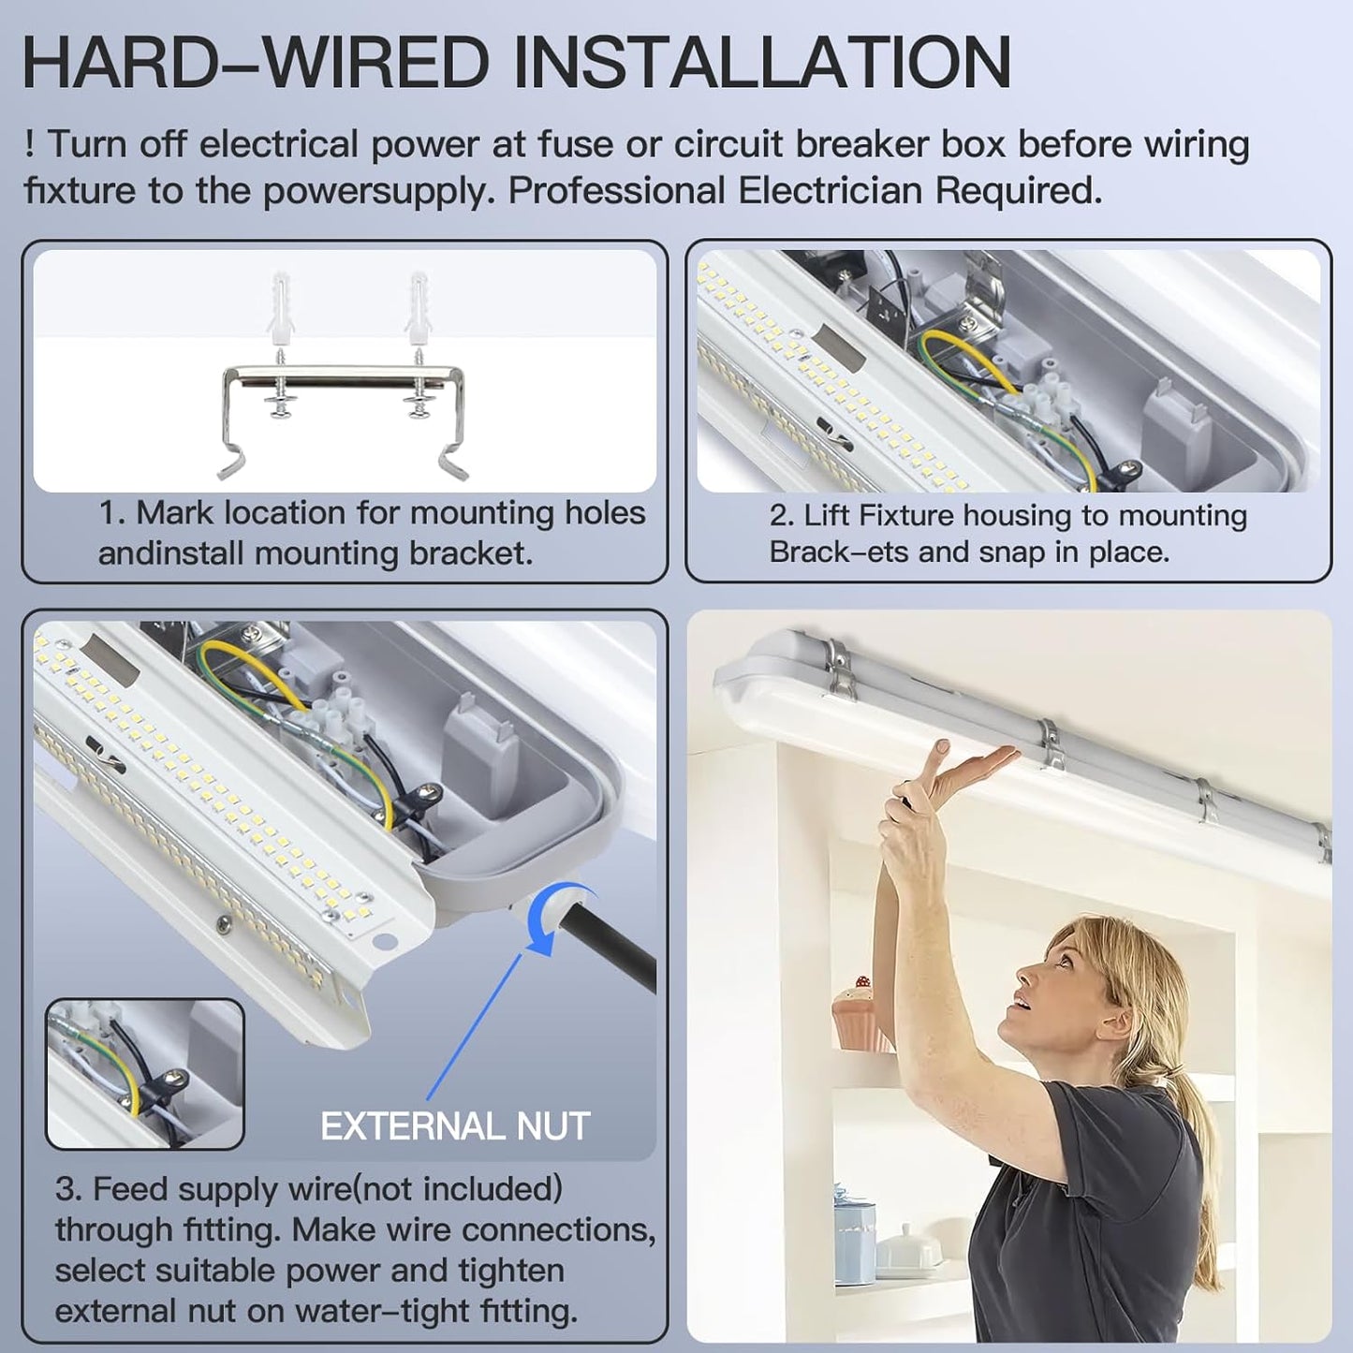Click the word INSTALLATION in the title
pyautogui.click(x=762, y=64)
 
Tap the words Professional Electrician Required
pyautogui.click(x=804, y=191)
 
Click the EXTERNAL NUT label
pyautogui.click(x=455, y=1126)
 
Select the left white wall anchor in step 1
pyautogui.click(x=280, y=308)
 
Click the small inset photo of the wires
pyautogui.click(x=145, y=1074)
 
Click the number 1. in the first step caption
pyautogui.click(x=111, y=513)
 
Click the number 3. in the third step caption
pyautogui.click(x=67, y=1189)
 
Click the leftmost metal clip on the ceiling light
pyautogui.click(x=839, y=669)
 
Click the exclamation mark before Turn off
pyautogui.click(x=30, y=145)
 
